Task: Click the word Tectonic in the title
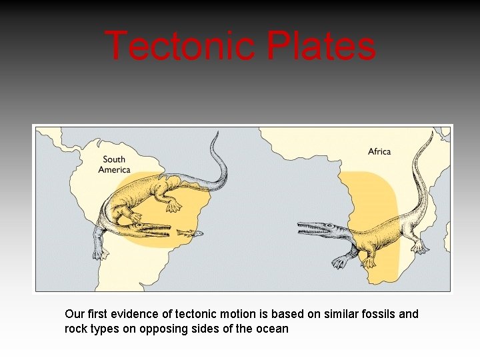[179, 46]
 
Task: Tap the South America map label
[114, 164]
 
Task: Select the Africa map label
[379, 152]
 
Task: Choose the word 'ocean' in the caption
[273, 329]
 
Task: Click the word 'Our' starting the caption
[74, 314]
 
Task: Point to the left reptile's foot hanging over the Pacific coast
[101, 253]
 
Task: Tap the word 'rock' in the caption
[75, 329]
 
